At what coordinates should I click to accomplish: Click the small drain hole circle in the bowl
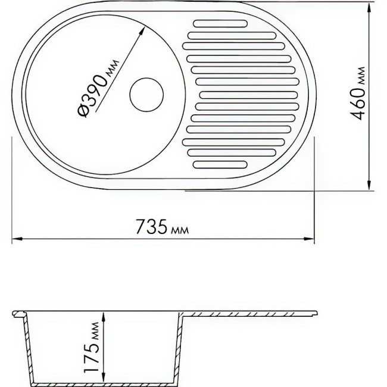tap(146, 95)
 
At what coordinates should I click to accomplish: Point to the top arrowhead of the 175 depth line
tap(104, 316)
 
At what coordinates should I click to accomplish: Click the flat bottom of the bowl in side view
tap(104, 382)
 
